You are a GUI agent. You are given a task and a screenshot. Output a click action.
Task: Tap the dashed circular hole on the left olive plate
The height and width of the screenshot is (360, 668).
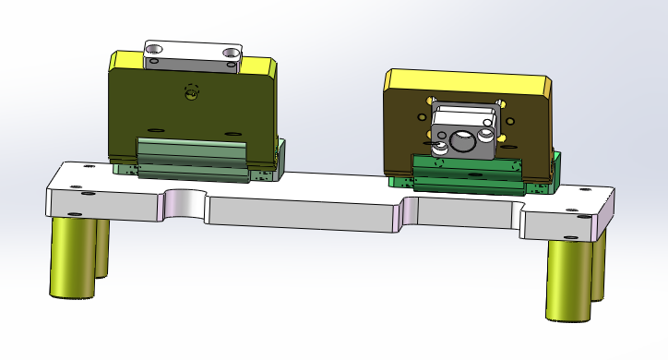(191, 91)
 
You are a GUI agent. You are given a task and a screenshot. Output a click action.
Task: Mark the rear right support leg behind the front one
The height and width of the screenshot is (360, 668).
(598, 268)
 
